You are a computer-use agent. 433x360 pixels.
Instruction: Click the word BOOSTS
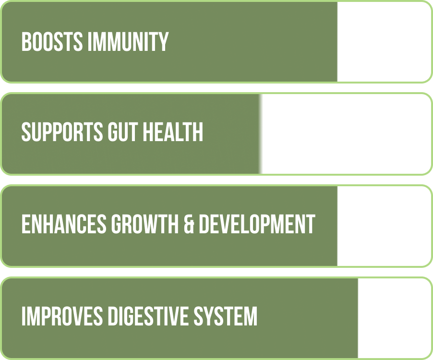tap(52, 42)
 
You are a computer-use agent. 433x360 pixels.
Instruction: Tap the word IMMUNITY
tap(128, 42)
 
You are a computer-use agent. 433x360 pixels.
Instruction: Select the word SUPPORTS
tap(62, 132)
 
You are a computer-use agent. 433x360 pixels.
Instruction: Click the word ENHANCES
tap(64, 224)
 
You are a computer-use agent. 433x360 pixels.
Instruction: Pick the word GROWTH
tap(145, 224)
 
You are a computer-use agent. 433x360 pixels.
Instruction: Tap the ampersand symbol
tap(189, 224)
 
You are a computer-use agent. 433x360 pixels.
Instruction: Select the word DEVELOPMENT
tap(257, 224)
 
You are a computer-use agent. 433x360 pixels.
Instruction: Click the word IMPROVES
tap(62, 316)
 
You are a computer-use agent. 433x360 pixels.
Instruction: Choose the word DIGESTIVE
tap(148, 316)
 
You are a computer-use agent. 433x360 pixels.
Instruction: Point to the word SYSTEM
tap(225, 316)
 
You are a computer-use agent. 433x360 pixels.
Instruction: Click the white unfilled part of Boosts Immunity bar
tap(384, 42)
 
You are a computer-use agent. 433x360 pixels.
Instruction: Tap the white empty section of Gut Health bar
tap(346, 134)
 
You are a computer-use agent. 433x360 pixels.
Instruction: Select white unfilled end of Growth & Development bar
tap(384, 226)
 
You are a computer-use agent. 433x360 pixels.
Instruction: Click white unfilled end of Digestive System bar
tap(394, 318)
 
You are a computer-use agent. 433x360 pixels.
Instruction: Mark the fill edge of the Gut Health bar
tap(260, 134)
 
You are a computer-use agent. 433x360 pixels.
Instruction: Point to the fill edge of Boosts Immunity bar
tap(337, 42)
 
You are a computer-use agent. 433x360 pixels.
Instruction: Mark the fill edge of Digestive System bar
tap(358, 318)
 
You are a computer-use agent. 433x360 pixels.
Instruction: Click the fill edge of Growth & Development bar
tap(337, 226)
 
